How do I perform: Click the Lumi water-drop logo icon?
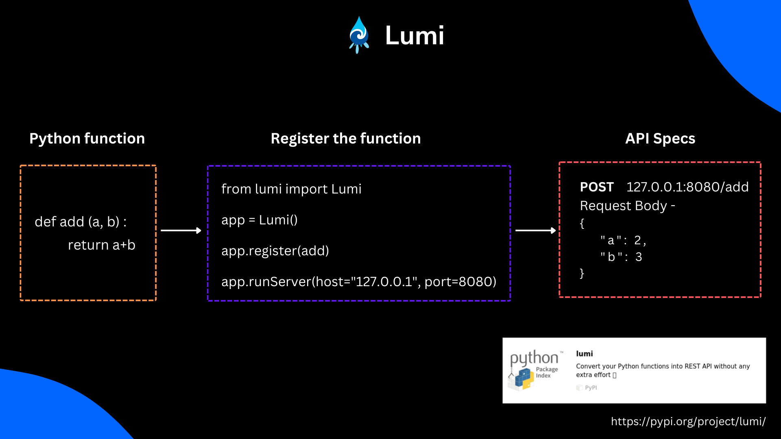(x=359, y=35)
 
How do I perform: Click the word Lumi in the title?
(x=414, y=35)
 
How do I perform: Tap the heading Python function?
(x=87, y=139)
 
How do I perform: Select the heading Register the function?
(x=346, y=139)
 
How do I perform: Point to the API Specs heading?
(x=660, y=139)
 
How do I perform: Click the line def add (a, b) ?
(x=81, y=222)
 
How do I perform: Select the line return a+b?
(x=101, y=245)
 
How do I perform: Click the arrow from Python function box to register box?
(x=181, y=230)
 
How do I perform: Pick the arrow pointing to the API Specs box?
(x=535, y=230)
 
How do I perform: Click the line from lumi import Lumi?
(x=291, y=189)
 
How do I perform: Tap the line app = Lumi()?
(x=259, y=220)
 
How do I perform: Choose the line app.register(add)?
(x=275, y=251)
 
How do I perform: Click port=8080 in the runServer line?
(x=460, y=282)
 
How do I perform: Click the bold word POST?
(x=596, y=187)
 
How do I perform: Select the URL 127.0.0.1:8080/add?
(x=687, y=187)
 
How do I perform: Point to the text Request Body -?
(x=627, y=206)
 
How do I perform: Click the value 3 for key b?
(x=639, y=257)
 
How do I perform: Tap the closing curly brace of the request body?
(x=582, y=273)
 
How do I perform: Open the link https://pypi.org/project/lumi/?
(x=688, y=422)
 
